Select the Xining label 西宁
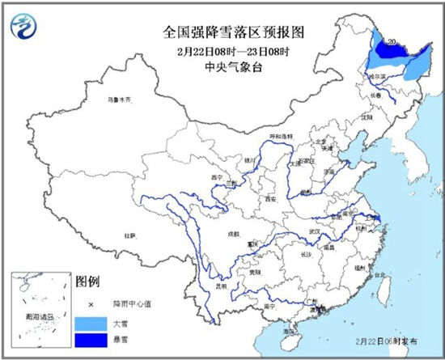click(216, 176)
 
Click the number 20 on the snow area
click(392, 41)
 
